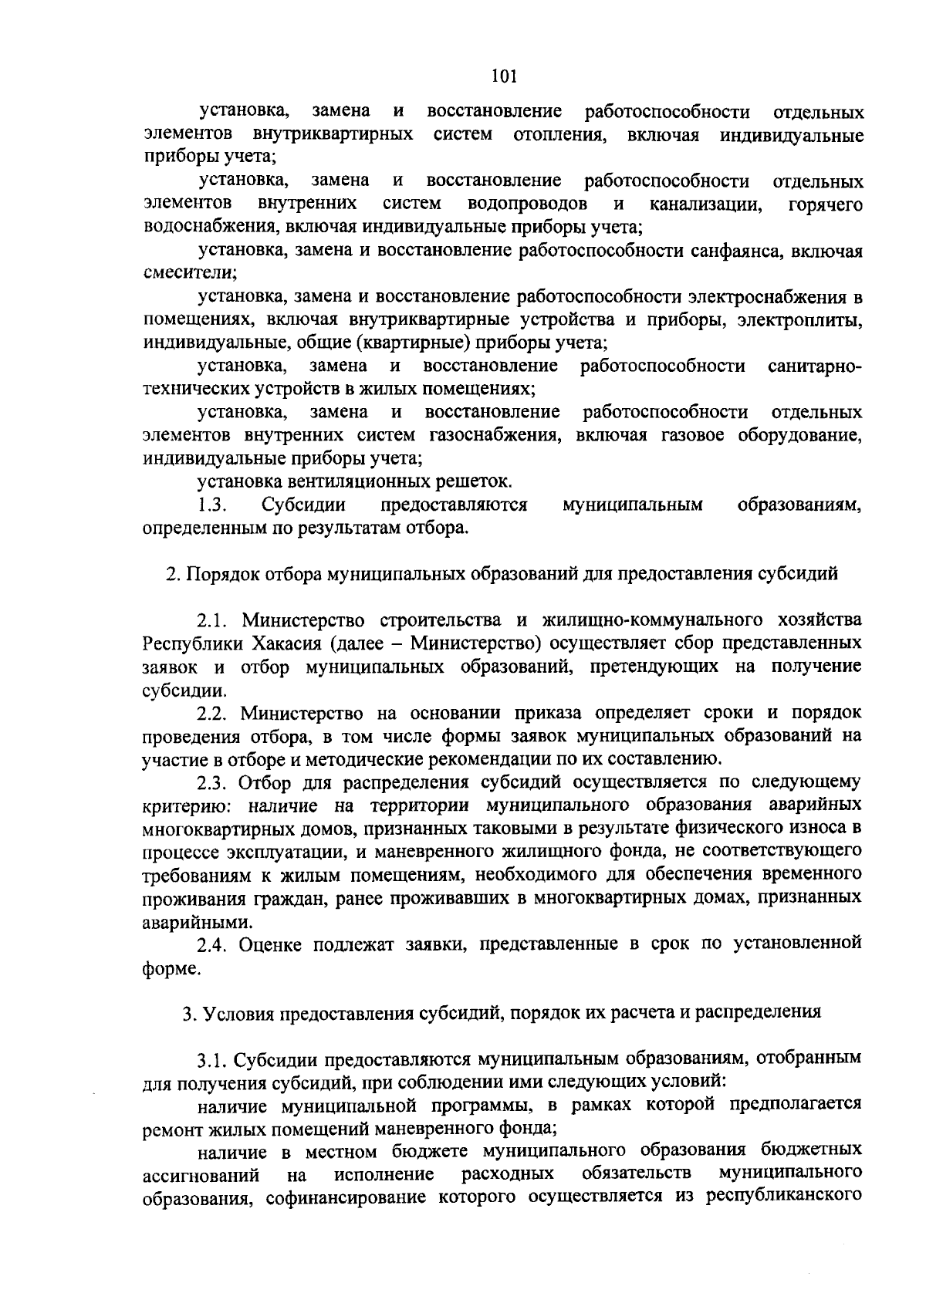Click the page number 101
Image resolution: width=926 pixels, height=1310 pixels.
click(x=503, y=76)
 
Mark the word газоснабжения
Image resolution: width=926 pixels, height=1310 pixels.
click(x=494, y=435)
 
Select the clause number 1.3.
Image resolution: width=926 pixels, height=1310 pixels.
click(x=211, y=505)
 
